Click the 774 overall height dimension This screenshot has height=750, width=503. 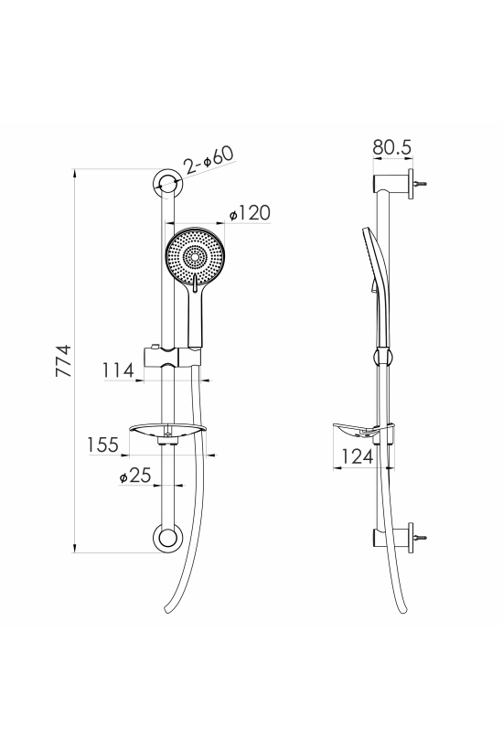(x=64, y=360)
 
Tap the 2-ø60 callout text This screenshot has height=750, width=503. (x=209, y=160)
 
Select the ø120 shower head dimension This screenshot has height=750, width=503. (x=250, y=212)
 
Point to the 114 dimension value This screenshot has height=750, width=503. (x=118, y=370)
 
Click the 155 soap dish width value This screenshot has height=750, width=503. (x=102, y=445)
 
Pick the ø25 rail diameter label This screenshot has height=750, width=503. (x=135, y=476)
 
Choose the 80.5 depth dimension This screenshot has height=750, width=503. (x=392, y=147)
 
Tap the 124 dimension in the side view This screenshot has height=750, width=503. (x=358, y=456)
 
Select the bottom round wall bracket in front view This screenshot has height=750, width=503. (x=167, y=538)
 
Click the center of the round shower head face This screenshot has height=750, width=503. (x=195, y=257)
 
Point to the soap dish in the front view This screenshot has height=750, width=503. (x=167, y=432)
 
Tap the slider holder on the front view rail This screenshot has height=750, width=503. (x=172, y=356)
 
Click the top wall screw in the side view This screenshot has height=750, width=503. (x=421, y=183)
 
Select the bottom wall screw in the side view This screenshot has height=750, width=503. (x=421, y=538)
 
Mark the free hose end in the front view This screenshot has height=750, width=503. (x=166, y=609)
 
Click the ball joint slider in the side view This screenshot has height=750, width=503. (x=383, y=357)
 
